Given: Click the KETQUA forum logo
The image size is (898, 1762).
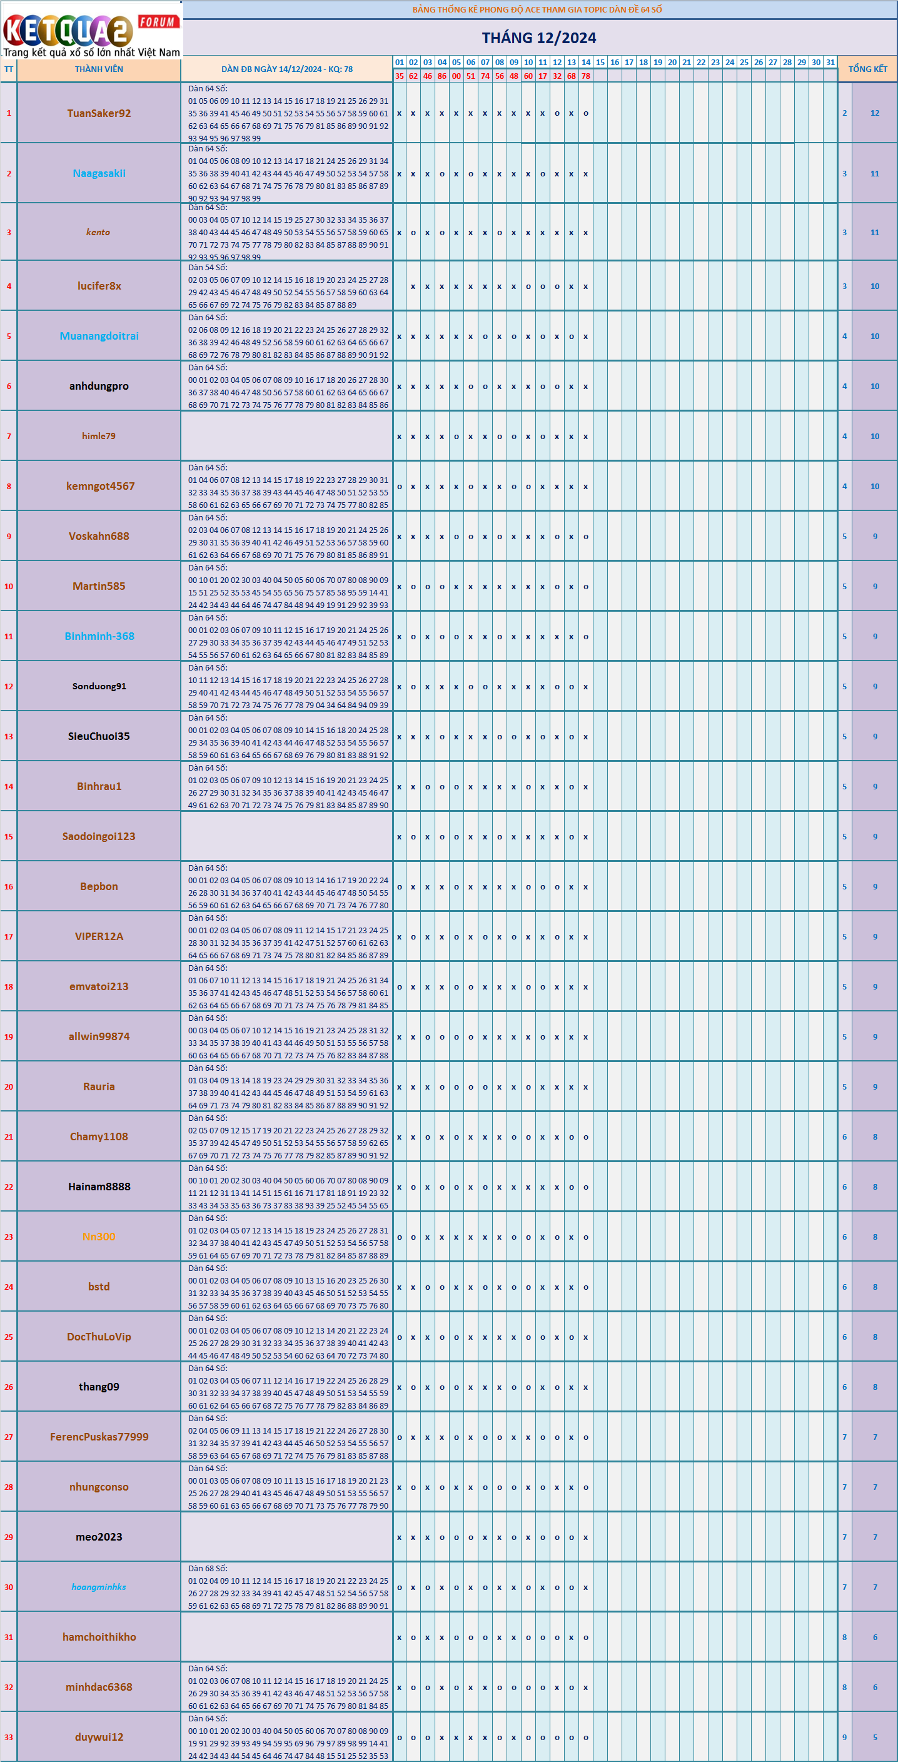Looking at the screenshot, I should point(91,31).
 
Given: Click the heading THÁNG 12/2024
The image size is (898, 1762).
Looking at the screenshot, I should point(538,38).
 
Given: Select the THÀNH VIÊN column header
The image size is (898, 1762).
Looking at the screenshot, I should point(99,69).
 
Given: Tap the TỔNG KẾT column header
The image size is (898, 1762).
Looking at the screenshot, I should point(867,69).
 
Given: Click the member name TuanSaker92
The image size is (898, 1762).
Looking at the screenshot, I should point(99,114).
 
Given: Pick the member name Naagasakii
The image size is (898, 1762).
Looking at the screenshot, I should point(99,174).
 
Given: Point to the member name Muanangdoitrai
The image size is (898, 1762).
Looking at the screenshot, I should point(99,336).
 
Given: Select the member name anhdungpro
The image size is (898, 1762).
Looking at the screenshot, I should point(99,386).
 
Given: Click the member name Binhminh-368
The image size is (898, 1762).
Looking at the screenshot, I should point(99,636).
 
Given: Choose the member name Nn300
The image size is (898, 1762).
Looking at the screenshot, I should point(99,1237).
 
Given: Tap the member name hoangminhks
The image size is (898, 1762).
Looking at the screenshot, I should point(99,1587).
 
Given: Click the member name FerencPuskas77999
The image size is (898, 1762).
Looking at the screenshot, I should point(99,1437).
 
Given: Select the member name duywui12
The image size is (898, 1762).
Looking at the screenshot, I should point(99,1737).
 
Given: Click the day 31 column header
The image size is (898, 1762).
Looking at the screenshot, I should point(830,63).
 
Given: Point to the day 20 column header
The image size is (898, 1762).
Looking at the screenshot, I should point(672,63).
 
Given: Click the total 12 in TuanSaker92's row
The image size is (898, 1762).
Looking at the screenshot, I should point(875,114).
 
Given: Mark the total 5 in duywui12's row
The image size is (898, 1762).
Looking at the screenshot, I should point(875,1737).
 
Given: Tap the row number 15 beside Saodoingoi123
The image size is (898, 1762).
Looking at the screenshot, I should point(9,836).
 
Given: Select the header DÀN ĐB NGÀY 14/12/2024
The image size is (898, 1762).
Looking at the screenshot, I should point(286,69).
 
